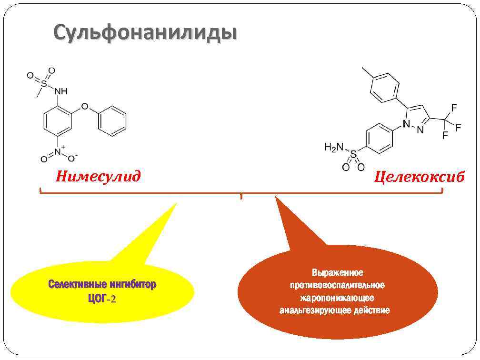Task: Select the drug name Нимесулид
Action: (98, 177)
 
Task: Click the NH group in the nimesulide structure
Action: (61, 90)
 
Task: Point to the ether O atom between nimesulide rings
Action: (85, 107)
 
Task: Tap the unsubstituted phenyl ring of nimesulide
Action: (112, 120)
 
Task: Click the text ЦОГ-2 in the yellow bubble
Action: (102, 299)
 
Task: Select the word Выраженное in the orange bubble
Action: (338, 273)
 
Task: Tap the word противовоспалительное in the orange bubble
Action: (338, 285)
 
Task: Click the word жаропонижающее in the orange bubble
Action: (338, 298)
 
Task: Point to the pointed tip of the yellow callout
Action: (176, 204)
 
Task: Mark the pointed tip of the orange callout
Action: (275, 197)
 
